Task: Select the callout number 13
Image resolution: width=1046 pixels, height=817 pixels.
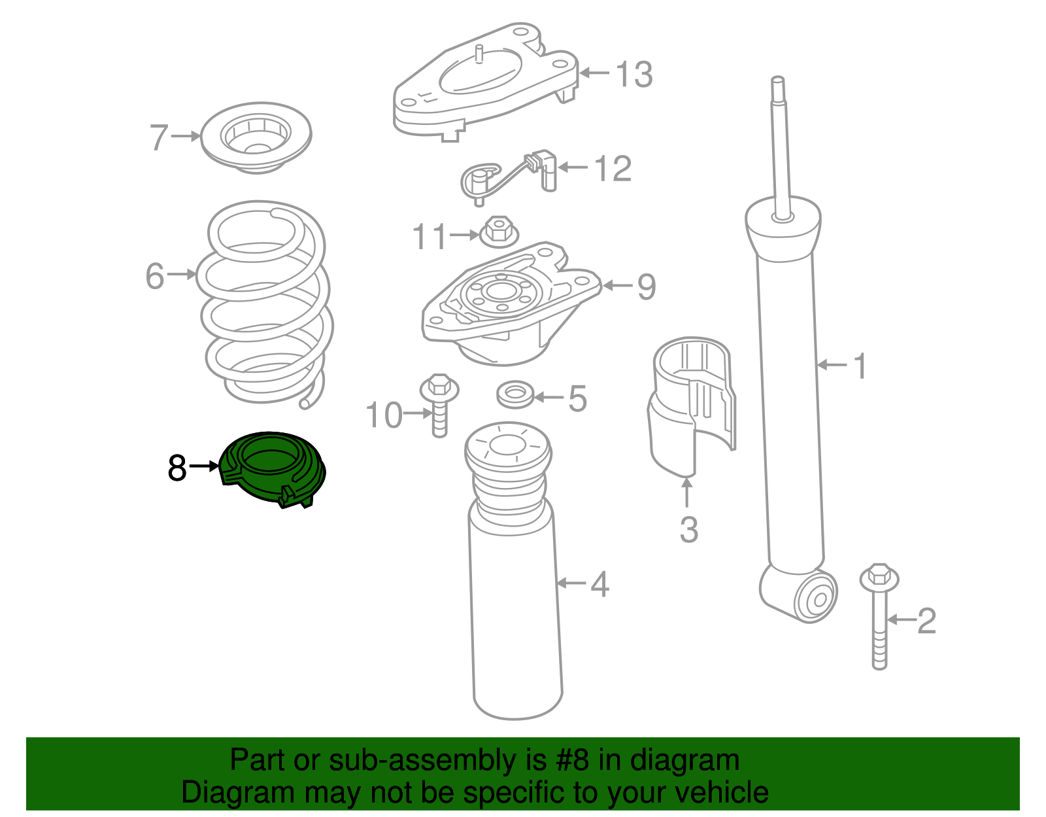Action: point(633,74)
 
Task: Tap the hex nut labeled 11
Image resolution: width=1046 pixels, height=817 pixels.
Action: point(499,232)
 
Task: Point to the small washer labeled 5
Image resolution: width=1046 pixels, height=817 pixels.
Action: point(516,394)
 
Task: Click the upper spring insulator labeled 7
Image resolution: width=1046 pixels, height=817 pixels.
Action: point(256,137)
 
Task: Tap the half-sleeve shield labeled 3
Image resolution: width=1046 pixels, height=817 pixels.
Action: point(692,406)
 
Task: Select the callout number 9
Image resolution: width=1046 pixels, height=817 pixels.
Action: point(646,287)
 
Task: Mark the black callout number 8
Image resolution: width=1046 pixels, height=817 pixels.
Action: point(177,468)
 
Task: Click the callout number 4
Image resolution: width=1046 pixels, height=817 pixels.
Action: point(599,583)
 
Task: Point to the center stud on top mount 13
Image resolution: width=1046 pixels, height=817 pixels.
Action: point(479,54)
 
